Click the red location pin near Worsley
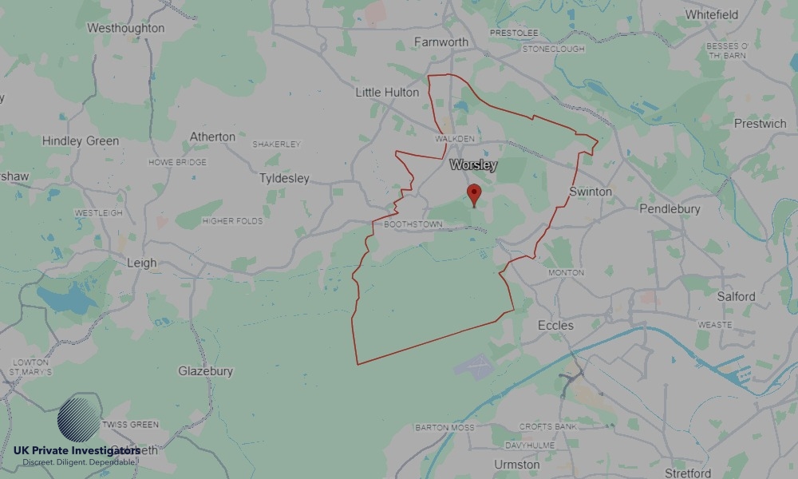click(474, 194)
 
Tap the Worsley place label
click(473, 165)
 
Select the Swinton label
click(591, 192)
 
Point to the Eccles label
click(555, 326)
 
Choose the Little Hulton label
click(387, 93)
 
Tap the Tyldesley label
click(284, 178)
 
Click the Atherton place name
click(212, 137)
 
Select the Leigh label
click(142, 263)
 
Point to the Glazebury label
click(205, 371)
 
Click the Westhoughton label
click(125, 28)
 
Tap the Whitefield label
click(711, 14)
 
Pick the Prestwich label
click(760, 124)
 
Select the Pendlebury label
click(670, 209)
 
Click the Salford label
click(736, 296)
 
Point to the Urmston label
click(516, 465)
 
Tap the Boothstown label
click(413, 224)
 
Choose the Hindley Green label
click(80, 141)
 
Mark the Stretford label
click(687, 473)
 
